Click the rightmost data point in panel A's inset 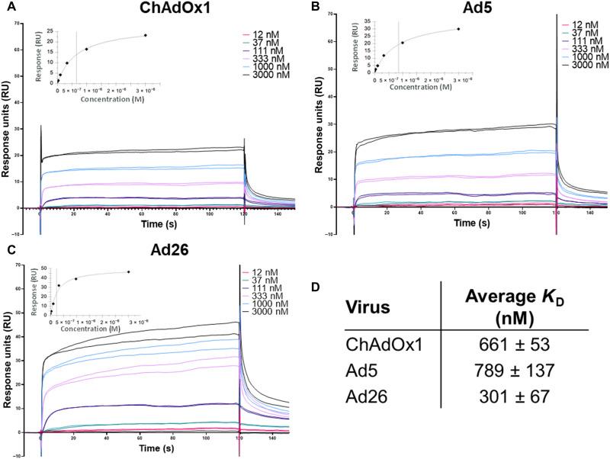(145, 35)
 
